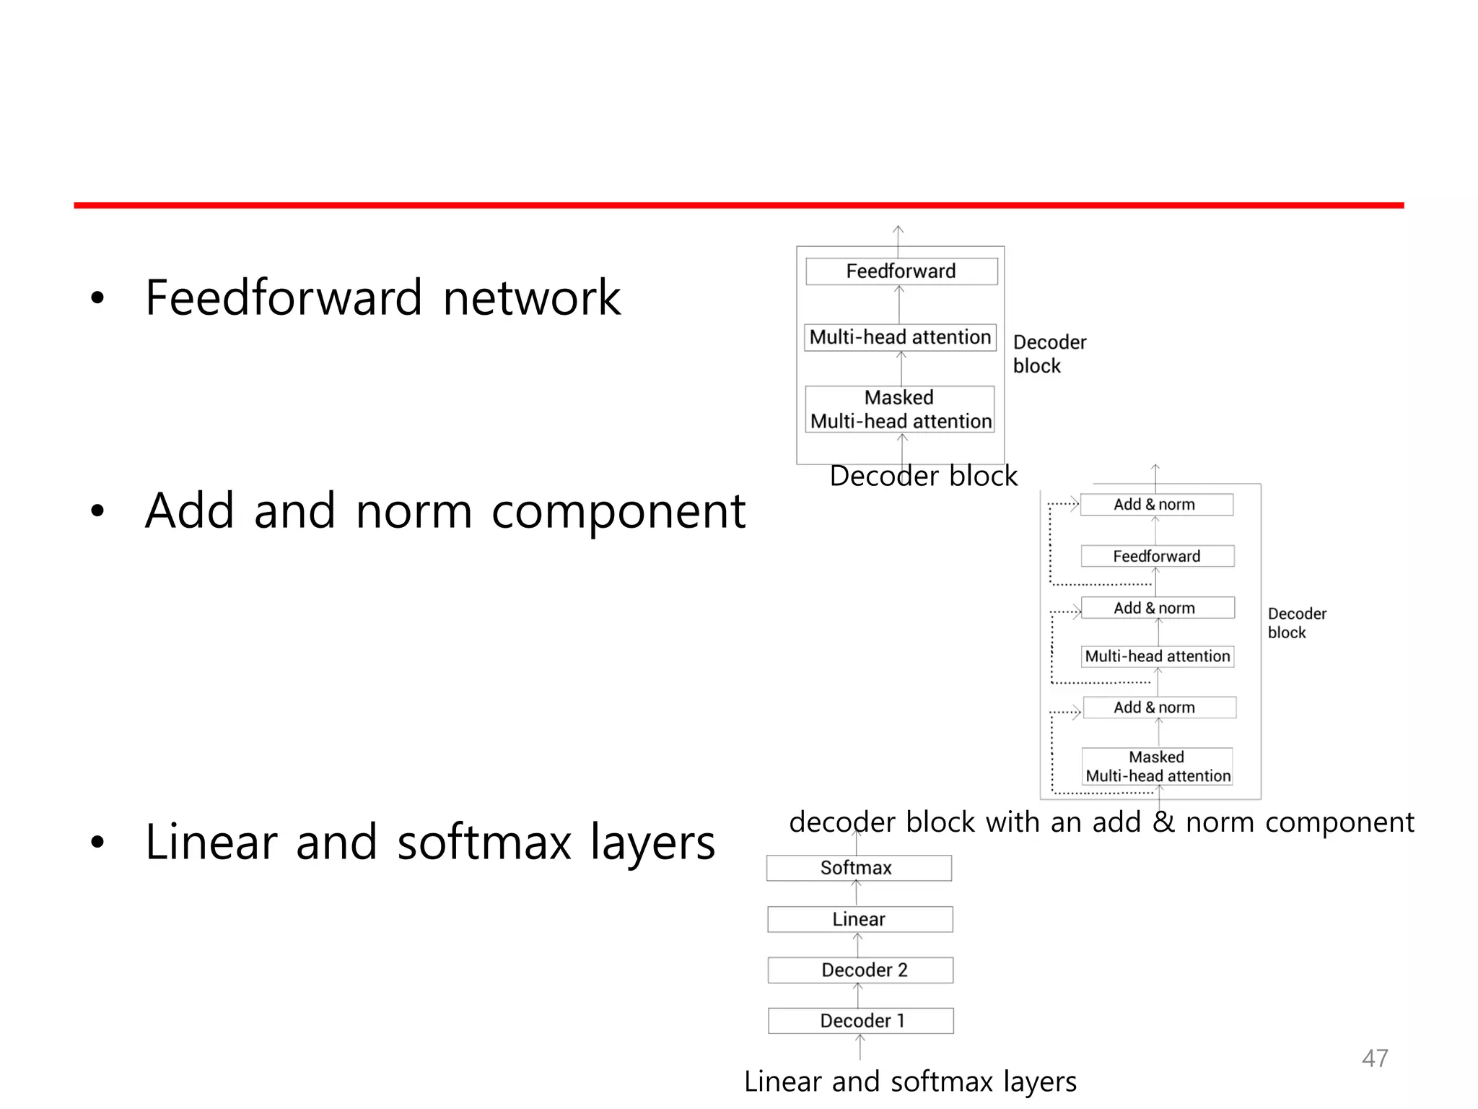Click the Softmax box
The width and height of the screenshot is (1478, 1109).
tap(859, 868)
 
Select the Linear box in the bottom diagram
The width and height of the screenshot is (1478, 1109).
tap(860, 919)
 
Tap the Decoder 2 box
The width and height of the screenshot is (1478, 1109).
tap(860, 970)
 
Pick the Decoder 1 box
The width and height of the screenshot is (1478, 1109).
tap(860, 1020)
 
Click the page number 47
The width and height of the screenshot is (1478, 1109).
tap(1374, 1058)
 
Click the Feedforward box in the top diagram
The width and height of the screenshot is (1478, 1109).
tap(901, 271)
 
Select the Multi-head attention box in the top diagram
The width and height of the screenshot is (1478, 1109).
tap(900, 337)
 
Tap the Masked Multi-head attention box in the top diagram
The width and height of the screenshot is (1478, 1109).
tap(900, 409)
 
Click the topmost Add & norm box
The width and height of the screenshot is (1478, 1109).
tap(1156, 505)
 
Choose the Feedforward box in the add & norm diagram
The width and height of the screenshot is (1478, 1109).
tap(1157, 556)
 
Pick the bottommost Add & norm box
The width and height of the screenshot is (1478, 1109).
tap(1159, 708)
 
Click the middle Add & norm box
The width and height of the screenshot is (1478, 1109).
tap(1158, 608)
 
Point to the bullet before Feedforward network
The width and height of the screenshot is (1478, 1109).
tap(97, 297)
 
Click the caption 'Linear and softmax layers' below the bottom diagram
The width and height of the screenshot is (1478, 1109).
tap(910, 1082)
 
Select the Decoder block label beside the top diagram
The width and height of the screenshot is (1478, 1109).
tap(1049, 354)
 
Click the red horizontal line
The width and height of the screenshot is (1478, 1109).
tap(739, 206)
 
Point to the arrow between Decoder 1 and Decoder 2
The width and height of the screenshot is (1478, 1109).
tap(858, 996)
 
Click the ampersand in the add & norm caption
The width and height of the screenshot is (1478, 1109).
tap(1163, 822)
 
